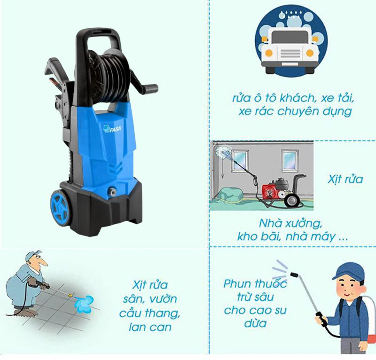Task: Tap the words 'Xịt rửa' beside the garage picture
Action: pos(345,179)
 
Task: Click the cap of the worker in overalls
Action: pos(32,255)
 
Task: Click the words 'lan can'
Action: pos(150,327)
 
